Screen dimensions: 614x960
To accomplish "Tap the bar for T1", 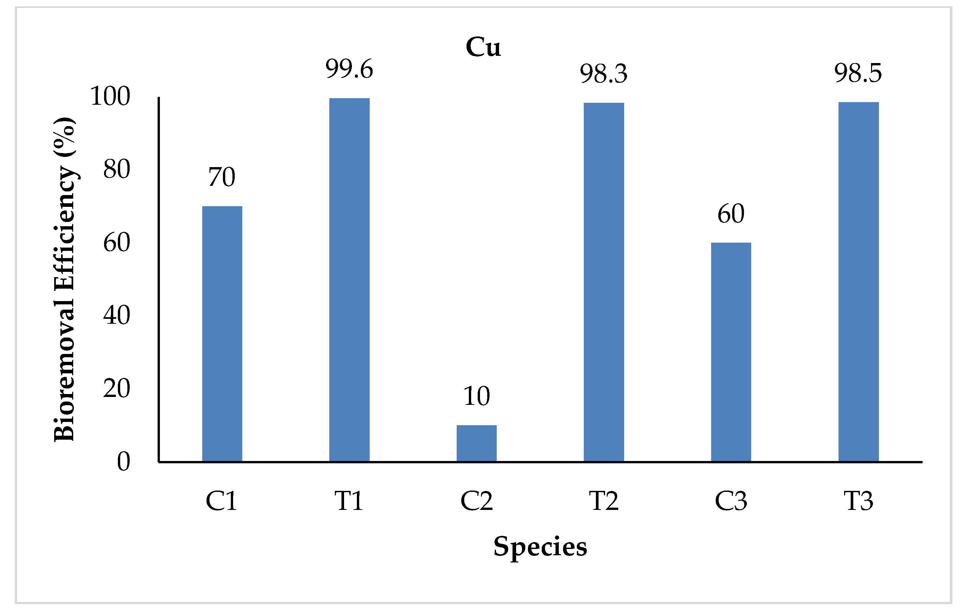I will [x=349, y=279].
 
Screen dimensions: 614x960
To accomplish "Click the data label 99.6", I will [x=349, y=69].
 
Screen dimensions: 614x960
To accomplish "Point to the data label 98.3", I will [x=603, y=74].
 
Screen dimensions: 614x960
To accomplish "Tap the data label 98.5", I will [x=858, y=73].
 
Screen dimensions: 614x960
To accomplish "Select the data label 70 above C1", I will [x=222, y=177].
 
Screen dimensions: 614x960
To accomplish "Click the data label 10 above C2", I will [x=476, y=396].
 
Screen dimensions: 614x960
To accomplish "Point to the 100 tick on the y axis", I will [x=110, y=97].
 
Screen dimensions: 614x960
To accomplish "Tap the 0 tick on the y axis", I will [x=123, y=462].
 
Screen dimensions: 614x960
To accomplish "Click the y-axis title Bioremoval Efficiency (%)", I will [x=65, y=279].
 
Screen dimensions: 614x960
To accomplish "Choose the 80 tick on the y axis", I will [x=117, y=169].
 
